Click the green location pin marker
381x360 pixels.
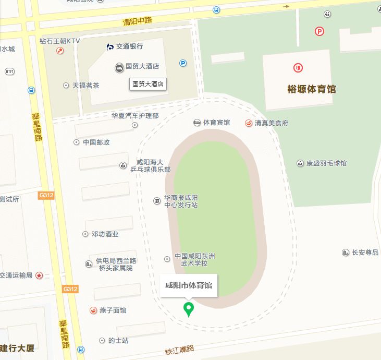pyautogui.click(x=189, y=309)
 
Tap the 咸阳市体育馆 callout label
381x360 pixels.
pyautogui.click(x=189, y=285)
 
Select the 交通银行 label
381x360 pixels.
pyautogui.click(x=129, y=46)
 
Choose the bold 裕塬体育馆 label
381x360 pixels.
pyautogui.click(x=312, y=89)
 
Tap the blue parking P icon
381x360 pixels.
pyautogui.click(x=183, y=63)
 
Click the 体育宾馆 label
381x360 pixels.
pyautogui.click(x=216, y=123)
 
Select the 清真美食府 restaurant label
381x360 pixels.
pyautogui.click(x=271, y=123)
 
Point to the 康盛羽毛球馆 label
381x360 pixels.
pyautogui.click(x=326, y=163)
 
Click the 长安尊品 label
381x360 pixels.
pyautogui.click(x=365, y=253)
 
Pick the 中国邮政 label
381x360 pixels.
pyautogui.click(x=96, y=142)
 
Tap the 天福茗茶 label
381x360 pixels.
pyautogui.click(x=85, y=85)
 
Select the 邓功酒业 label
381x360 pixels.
pyautogui.click(x=105, y=234)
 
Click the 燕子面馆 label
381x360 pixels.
pyautogui.click(x=113, y=310)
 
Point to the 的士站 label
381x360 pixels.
pyautogui.click(x=118, y=341)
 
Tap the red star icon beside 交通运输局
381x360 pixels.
pyautogui.click(x=39, y=275)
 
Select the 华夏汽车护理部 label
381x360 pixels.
pyautogui.click(x=135, y=116)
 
